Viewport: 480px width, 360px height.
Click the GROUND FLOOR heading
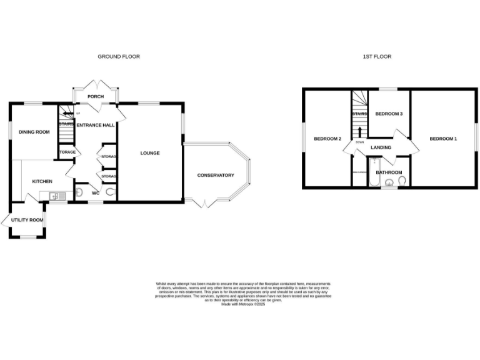(118, 56)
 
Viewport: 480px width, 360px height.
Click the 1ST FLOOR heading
(377, 56)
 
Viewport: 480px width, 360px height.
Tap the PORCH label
(95, 96)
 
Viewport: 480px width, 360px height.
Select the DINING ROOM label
(34, 132)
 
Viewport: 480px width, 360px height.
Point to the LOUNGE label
(150, 153)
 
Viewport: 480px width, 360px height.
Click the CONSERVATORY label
(215, 175)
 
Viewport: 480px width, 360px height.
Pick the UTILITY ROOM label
(27, 220)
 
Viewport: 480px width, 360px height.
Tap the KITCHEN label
(42, 182)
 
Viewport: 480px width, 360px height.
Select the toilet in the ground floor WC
(111, 193)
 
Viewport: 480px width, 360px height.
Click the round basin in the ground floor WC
(78, 193)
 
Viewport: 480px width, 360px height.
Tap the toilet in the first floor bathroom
(402, 182)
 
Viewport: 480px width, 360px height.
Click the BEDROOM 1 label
(442, 138)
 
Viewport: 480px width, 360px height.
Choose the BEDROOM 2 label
(327, 138)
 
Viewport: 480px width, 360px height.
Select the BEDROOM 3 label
(388, 114)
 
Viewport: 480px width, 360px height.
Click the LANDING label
(381, 147)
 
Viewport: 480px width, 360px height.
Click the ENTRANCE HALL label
(95, 125)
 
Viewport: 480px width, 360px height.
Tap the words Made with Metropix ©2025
(243, 304)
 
